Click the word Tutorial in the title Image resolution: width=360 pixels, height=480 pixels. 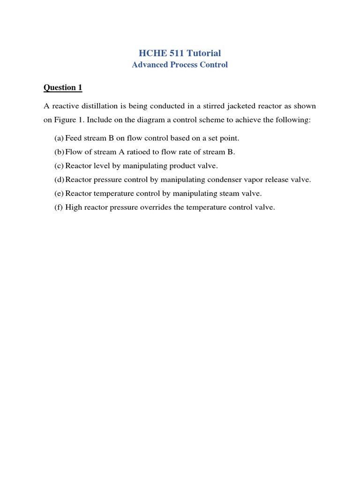tap(202, 53)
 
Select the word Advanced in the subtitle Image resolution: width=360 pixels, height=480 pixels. tap(150, 65)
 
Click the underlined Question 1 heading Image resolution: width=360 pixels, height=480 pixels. tap(63, 87)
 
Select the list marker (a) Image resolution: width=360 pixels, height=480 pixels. tap(59, 138)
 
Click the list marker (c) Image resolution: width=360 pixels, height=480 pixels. tap(59, 165)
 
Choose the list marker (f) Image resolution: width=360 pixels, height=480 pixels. tap(59, 207)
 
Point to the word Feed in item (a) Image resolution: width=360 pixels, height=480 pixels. tap(74, 138)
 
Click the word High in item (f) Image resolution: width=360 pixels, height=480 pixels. tap(74, 207)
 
